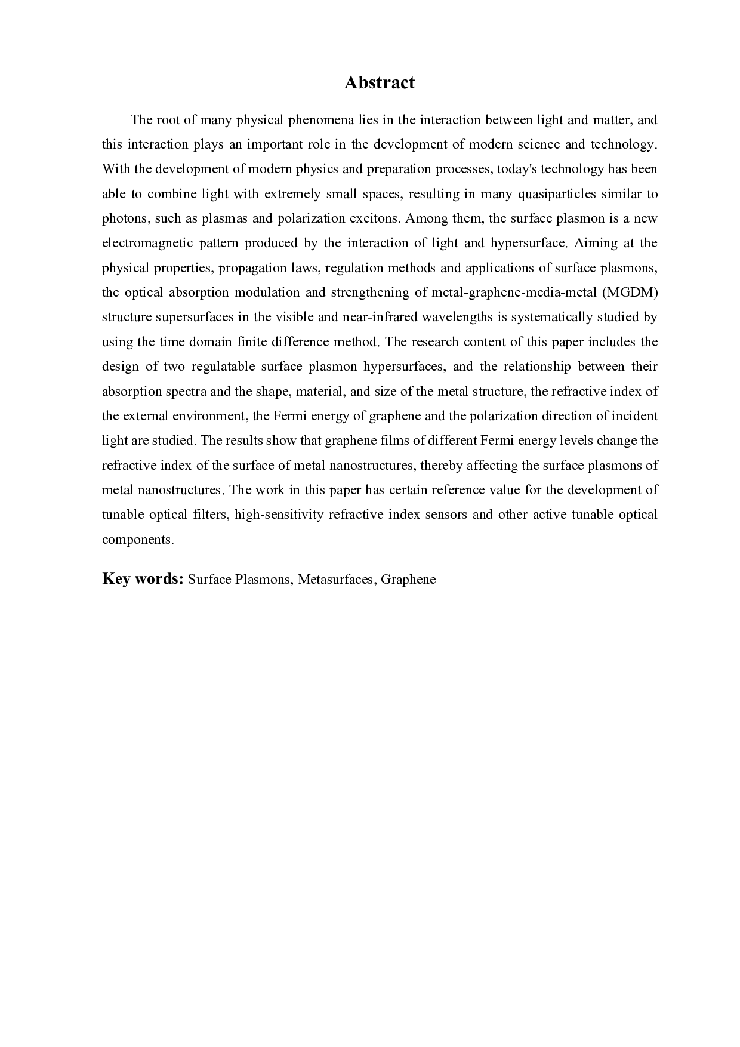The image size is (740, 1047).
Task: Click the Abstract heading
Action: click(379, 82)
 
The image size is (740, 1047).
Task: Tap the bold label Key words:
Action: click(142, 578)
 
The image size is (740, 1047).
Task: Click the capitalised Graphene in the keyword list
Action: click(408, 579)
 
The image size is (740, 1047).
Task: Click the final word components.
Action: click(137, 540)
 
